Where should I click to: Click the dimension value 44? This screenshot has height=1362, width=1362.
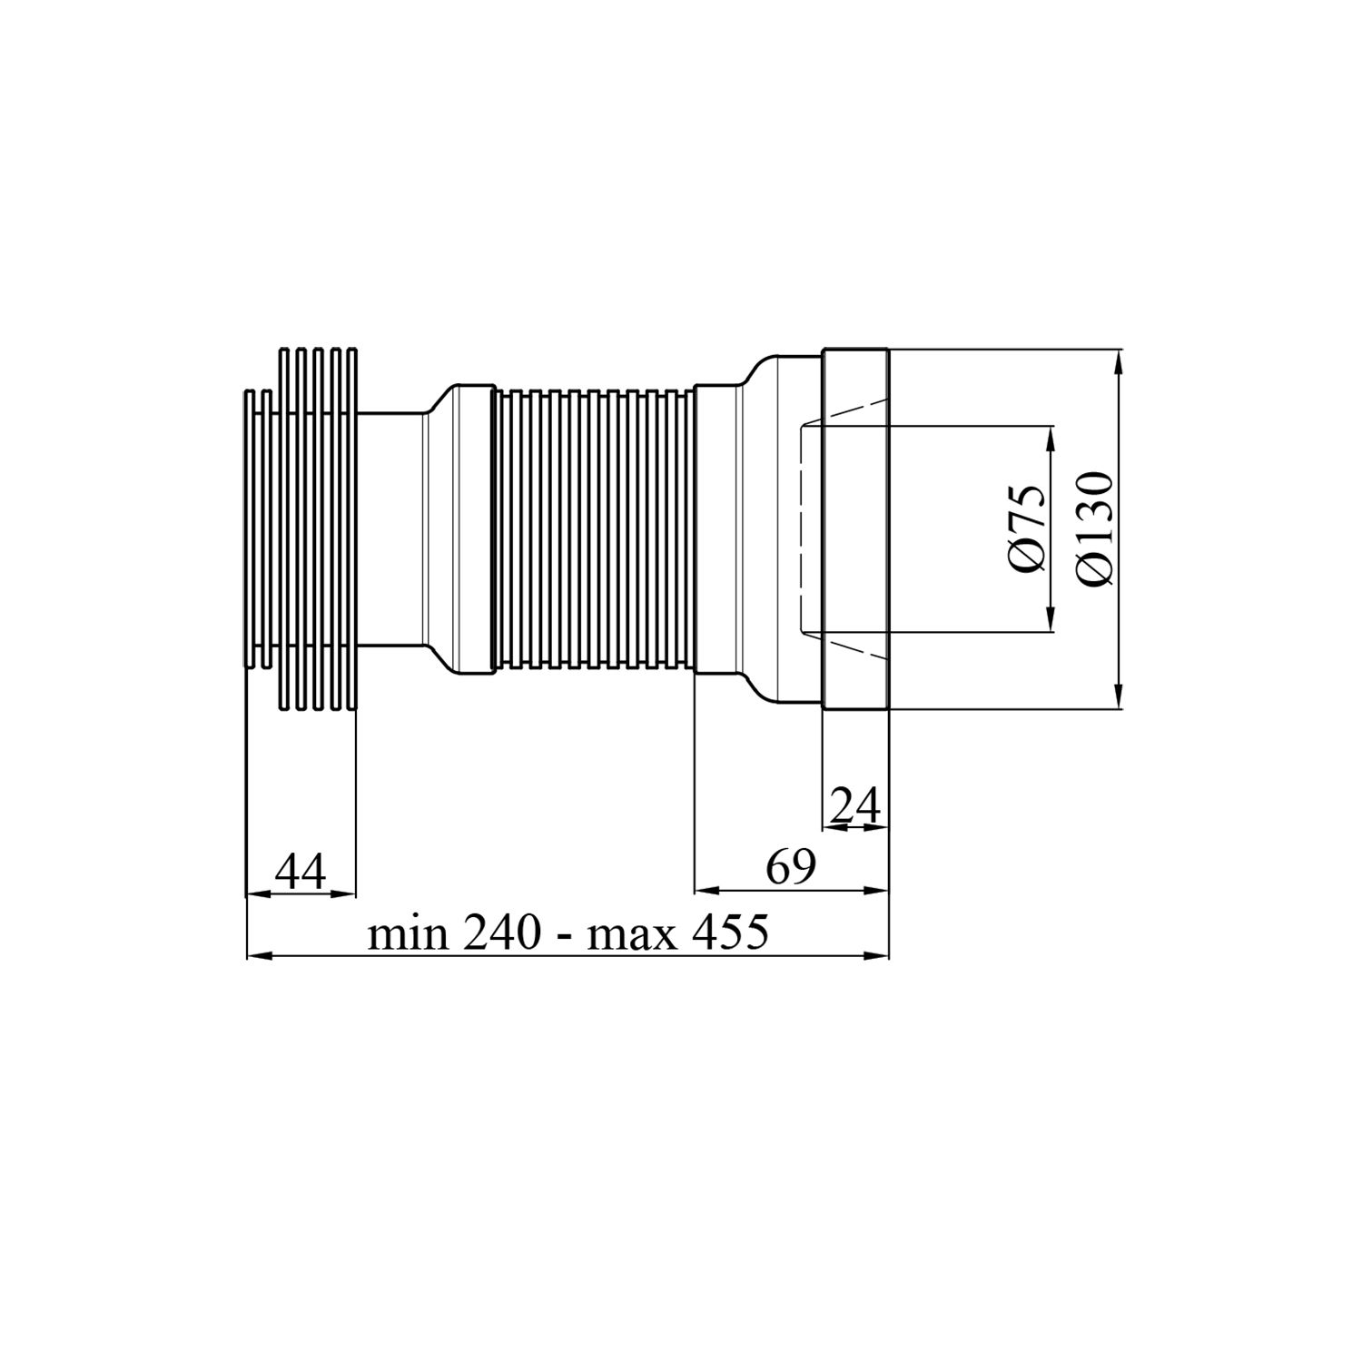(x=301, y=873)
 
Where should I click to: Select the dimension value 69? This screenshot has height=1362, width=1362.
(x=790, y=868)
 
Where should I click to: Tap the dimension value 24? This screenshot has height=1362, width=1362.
(x=855, y=805)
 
